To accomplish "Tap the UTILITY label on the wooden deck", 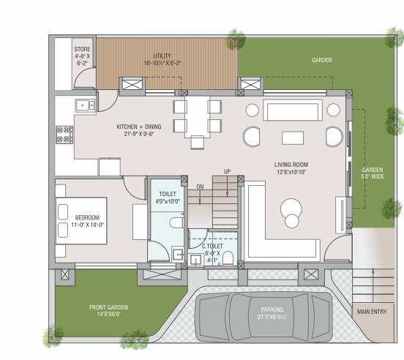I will (x=162, y=56).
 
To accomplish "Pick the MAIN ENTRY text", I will (x=372, y=312).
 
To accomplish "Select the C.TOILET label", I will (x=213, y=236).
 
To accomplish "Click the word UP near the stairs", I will (x=228, y=171).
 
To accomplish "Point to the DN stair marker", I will (x=200, y=187).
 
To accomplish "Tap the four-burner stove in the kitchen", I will (x=64, y=134).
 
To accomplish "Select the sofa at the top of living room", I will (x=293, y=111).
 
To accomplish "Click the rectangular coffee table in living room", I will (x=293, y=138).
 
